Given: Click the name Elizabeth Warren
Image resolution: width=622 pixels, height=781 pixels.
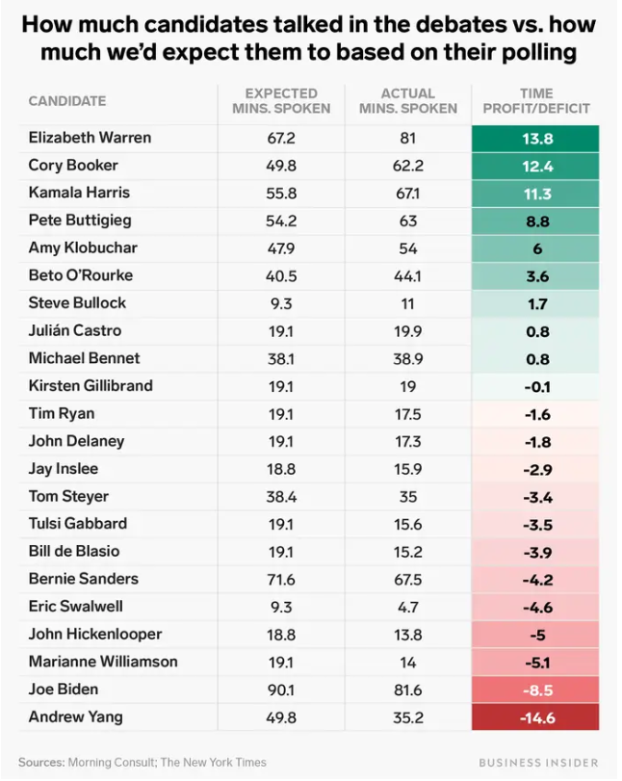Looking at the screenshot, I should click(90, 138).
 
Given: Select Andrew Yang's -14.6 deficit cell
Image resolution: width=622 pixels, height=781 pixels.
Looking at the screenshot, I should click(535, 716).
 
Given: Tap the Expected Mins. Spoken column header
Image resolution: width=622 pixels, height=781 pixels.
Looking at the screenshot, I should click(280, 101).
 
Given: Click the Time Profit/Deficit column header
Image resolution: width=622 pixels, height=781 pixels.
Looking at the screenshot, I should click(535, 101).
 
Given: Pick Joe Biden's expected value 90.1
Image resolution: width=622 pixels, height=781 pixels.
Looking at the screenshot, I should click(280, 690).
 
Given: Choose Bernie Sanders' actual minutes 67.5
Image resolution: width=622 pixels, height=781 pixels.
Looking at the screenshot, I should click(407, 579).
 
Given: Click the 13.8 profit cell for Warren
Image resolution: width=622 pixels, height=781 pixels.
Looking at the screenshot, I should click(535, 139).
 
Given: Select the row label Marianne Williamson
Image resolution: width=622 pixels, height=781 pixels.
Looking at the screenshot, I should click(103, 662).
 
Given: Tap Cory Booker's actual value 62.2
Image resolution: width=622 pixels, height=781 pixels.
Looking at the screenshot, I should click(407, 166).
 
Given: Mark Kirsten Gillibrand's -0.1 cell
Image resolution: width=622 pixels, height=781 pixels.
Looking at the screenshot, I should click(535, 386).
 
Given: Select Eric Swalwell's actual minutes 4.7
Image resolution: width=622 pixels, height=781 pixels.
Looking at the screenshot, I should click(407, 607).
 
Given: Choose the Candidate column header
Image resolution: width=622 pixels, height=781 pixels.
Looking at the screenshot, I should click(67, 101).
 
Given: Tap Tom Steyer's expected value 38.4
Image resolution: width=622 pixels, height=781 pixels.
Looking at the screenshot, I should click(280, 497).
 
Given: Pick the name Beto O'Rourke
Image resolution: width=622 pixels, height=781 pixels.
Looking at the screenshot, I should click(81, 275).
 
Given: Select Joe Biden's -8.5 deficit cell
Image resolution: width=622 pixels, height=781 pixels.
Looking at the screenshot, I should click(535, 690).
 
